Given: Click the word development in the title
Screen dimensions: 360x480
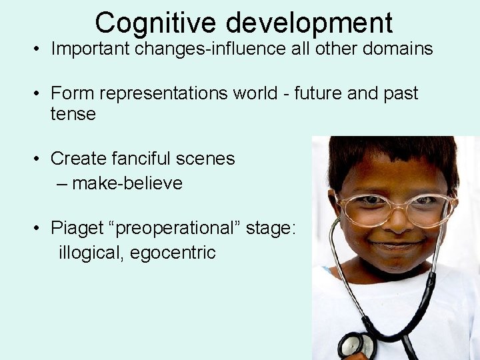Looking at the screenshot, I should point(309,24).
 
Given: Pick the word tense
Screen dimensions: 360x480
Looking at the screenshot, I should point(73,115).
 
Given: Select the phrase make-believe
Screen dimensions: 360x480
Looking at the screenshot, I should point(127,183).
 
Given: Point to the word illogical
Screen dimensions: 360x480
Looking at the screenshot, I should point(89,253).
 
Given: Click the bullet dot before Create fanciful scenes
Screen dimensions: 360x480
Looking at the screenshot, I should point(40,159).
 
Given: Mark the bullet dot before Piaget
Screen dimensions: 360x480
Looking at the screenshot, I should point(40,229).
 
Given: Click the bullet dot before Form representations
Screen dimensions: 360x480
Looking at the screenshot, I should point(40,94).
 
